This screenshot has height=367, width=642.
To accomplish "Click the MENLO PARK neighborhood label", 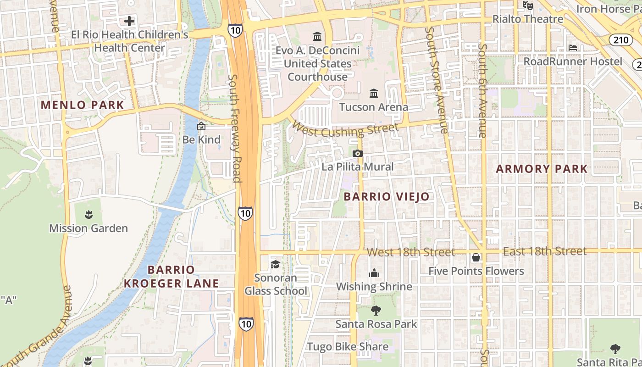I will pyautogui.click(x=83, y=105).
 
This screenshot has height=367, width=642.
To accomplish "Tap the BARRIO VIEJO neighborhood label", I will pyautogui.click(x=387, y=197).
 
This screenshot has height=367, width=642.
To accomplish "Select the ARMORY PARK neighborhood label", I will pyautogui.click(x=542, y=169).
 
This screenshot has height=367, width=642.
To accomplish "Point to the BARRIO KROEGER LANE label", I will pyautogui.click(x=172, y=277).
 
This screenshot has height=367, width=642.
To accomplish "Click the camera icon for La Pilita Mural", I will pyautogui.click(x=358, y=154).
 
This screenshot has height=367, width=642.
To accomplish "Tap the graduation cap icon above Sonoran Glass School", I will pyautogui.click(x=275, y=264).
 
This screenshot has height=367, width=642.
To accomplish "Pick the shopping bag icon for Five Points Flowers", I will pyautogui.click(x=476, y=257).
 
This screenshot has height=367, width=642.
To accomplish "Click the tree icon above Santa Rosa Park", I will pyautogui.click(x=376, y=311).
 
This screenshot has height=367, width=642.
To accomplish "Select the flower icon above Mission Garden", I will pyautogui.click(x=88, y=214).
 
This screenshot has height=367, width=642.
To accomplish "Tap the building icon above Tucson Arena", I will pyautogui.click(x=374, y=94).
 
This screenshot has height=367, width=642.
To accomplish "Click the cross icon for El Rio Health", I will pyautogui.click(x=129, y=21).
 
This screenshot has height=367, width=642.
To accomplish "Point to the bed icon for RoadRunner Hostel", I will pyautogui.click(x=573, y=48).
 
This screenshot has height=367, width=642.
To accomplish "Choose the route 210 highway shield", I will pyautogui.click(x=621, y=40).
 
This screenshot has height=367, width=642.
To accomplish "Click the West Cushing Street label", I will pyautogui.click(x=345, y=129).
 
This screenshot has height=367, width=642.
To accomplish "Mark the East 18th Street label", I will pyautogui.click(x=545, y=251).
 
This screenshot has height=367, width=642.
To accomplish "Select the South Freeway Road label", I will pyautogui.click(x=235, y=128).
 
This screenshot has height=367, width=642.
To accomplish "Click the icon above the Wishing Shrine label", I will pyautogui.click(x=374, y=273).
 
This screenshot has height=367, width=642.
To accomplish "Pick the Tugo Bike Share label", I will pyautogui.click(x=348, y=347).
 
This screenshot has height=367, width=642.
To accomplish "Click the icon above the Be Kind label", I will pyautogui.click(x=201, y=126).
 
